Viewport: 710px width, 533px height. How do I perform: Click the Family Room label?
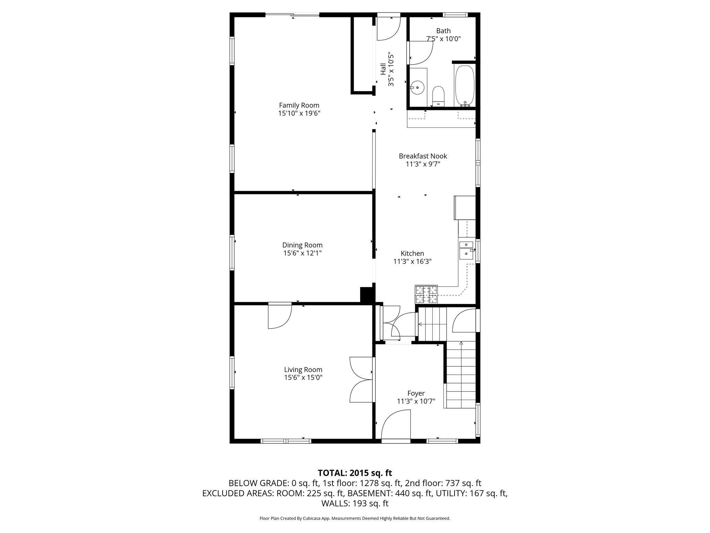299,105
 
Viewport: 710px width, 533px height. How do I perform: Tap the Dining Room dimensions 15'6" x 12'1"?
302,253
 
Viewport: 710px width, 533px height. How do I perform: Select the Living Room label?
303,370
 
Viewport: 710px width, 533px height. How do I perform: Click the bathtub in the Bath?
464,85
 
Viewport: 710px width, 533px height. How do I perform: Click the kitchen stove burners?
426,294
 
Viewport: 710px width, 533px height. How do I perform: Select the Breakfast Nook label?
423,156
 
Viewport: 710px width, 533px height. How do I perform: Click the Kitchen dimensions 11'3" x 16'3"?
412,262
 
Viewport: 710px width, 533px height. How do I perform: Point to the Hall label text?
383,69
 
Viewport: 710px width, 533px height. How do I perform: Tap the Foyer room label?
416,394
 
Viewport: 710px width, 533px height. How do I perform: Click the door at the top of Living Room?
280,316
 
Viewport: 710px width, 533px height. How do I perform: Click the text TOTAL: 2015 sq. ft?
355,473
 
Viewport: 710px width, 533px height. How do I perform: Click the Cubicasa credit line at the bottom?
355,518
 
